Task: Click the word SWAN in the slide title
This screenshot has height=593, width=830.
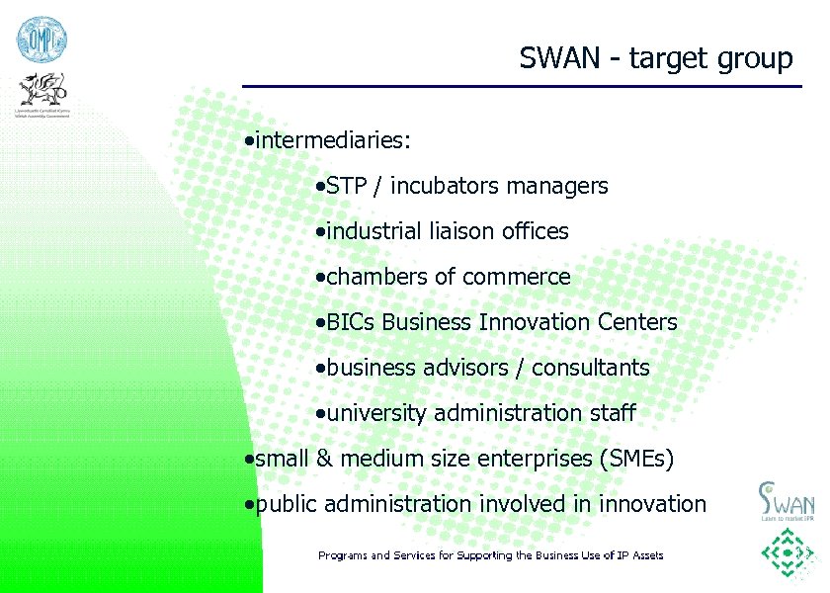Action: tap(559, 58)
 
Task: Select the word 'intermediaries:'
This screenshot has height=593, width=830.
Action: tap(333, 140)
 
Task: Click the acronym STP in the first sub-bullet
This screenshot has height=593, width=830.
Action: tap(346, 186)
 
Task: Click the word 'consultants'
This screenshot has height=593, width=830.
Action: tap(591, 368)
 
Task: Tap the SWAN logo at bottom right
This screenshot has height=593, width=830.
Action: tap(787, 499)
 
